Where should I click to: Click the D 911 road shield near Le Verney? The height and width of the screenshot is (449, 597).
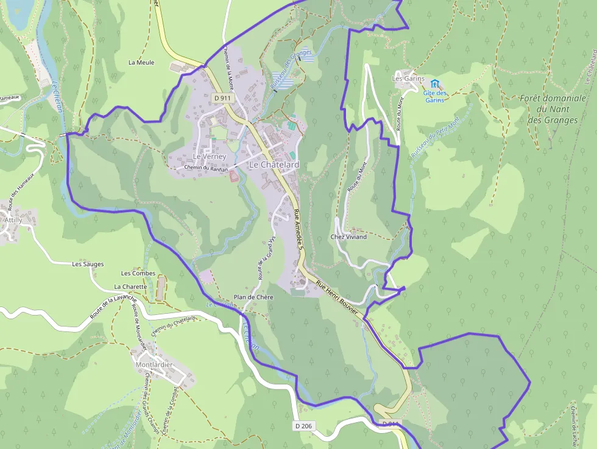pyautogui.click(x=223, y=97)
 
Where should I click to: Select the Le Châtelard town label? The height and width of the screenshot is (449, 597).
pyautogui.click(x=274, y=165)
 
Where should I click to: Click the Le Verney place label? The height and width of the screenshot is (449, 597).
pyautogui.click(x=210, y=157)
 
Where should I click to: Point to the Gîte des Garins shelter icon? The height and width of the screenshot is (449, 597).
pyautogui.click(x=434, y=83)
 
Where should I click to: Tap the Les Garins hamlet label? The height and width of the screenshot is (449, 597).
pyautogui.click(x=408, y=79)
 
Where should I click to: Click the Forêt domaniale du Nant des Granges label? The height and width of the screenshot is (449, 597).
pyautogui.click(x=553, y=109)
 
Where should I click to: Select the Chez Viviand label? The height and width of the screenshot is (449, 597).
pyautogui.click(x=348, y=237)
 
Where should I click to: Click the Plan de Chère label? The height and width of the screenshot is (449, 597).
pyautogui.click(x=253, y=297)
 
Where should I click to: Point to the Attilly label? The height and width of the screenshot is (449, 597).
pyautogui.click(x=13, y=220)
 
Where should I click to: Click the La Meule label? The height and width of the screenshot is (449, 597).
pyautogui.click(x=141, y=63)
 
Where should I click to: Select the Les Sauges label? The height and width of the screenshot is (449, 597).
pyautogui.click(x=88, y=264)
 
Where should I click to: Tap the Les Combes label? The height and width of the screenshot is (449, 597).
pyautogui.click(x=138, y=274)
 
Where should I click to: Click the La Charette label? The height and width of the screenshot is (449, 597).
pyautogui.click(x=130, y=286)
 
